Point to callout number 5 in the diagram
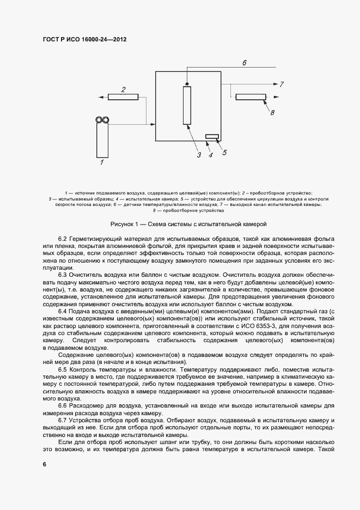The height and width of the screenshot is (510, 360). pyautogui.click(x=224, y=153)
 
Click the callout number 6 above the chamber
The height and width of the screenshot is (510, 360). pyautogui.click(x=244, y=63)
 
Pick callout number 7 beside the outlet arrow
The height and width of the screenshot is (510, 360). pyautogui.click(x=282, y=84)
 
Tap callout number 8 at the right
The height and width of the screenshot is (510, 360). pyautogui.click(x=272, y=112)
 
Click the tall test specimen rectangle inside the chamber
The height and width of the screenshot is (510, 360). pyautogui.click(x=188, y=105)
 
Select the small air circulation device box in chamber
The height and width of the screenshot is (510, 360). pyautogui.click(x=212, y=136)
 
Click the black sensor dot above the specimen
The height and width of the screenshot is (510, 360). pyautogui.click(x=187, y=84)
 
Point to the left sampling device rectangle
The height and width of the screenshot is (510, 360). pyautogui.click(x=124, y=97)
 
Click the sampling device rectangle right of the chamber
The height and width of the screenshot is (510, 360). pyautogui.click(x=251, y=97)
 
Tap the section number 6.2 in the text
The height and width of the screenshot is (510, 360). pyautogui.click(x=63, y=240)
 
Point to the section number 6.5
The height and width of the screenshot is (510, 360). pyautogui.click(x=63, y=369)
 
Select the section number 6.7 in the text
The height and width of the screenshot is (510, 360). pyautogui.click(x=63, y=422)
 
